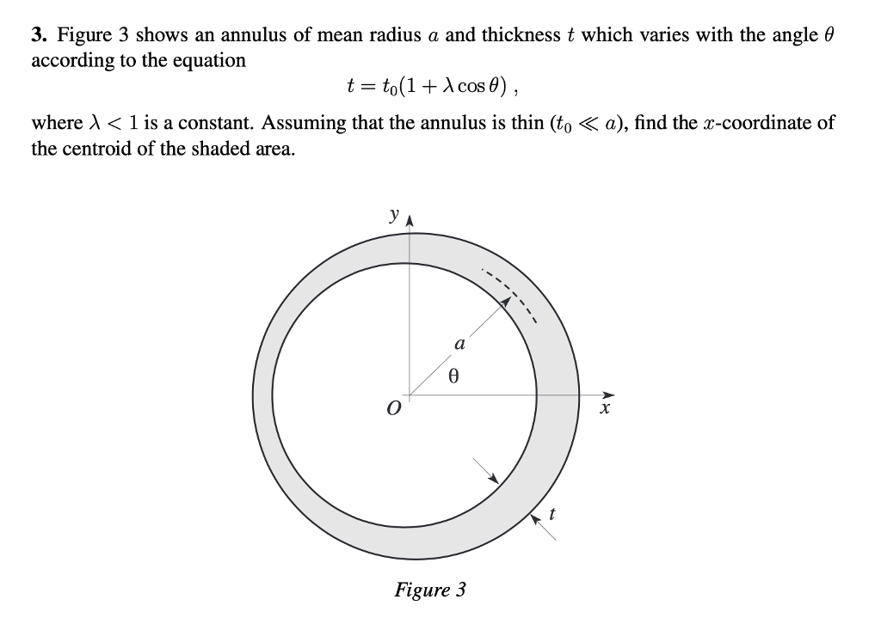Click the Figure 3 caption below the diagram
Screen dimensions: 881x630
point(430,590)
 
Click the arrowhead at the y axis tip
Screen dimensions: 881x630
point(409,217)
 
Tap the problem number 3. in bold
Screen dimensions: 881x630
point(40,36)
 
